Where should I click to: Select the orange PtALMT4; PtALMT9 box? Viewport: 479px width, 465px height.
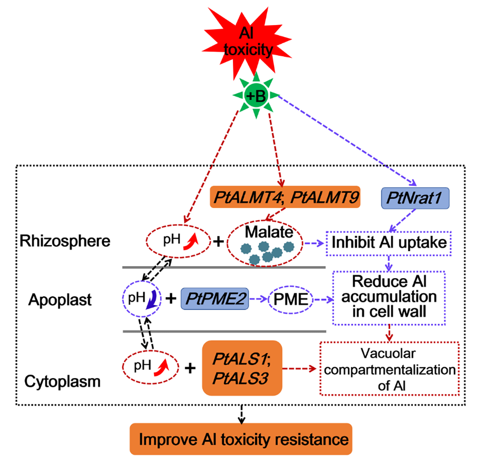coord(285,197)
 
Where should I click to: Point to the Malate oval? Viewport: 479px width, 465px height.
coord(265,243)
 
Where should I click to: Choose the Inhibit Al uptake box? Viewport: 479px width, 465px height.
coord(389,243)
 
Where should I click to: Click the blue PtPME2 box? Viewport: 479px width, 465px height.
coord(215,299)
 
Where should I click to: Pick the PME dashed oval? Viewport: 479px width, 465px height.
coord(291,299)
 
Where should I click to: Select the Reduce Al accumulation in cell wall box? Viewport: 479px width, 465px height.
coord(389,297)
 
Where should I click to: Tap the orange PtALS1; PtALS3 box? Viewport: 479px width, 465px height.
coord(242,368)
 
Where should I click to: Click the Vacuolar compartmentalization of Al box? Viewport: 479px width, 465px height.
coord(390,369)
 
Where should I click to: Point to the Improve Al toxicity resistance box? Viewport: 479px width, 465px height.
coord(241,439)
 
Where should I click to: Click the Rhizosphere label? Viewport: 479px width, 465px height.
coord(65,241)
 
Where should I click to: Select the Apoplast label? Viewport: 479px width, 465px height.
coord(60,300)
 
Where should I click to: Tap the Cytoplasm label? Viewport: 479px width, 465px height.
coord(62,382)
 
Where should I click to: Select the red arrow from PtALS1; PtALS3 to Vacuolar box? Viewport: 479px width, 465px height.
coord(300,369)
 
